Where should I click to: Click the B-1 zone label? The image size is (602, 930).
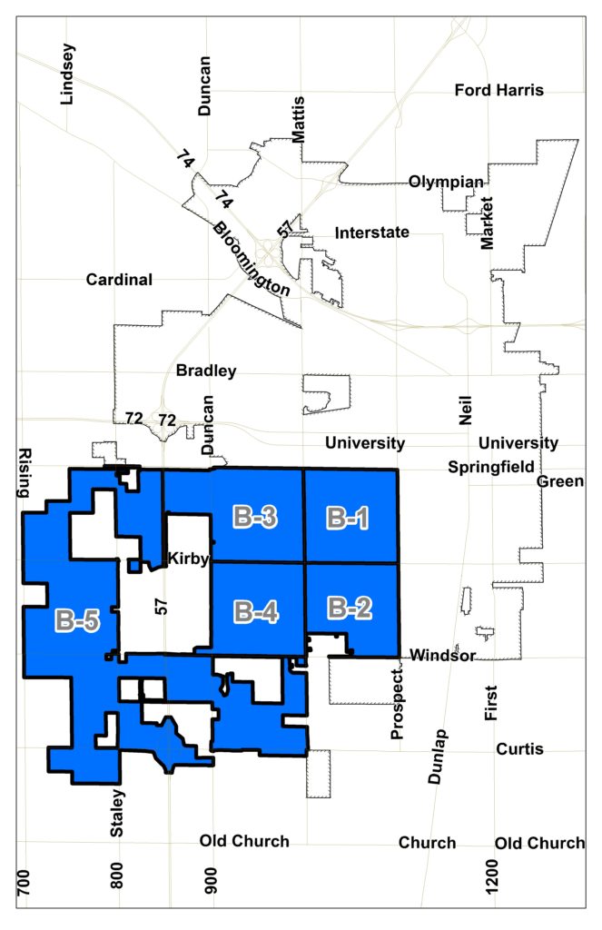coord(349,519)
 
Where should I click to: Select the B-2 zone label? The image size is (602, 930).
coord(350,608)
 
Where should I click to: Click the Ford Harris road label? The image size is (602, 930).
coord(498,90)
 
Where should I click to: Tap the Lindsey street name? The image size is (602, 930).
coord(65,74)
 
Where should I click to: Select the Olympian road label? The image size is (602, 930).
coord(446,182)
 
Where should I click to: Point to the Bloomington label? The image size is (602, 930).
coord(252,258)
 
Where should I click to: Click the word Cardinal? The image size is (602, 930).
coord(119,280)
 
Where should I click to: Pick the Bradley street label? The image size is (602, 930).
coord(206,371)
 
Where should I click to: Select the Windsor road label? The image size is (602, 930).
coord(442,655)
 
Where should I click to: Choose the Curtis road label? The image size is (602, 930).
coord(519,749)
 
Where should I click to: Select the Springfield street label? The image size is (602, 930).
coord(490,467)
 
